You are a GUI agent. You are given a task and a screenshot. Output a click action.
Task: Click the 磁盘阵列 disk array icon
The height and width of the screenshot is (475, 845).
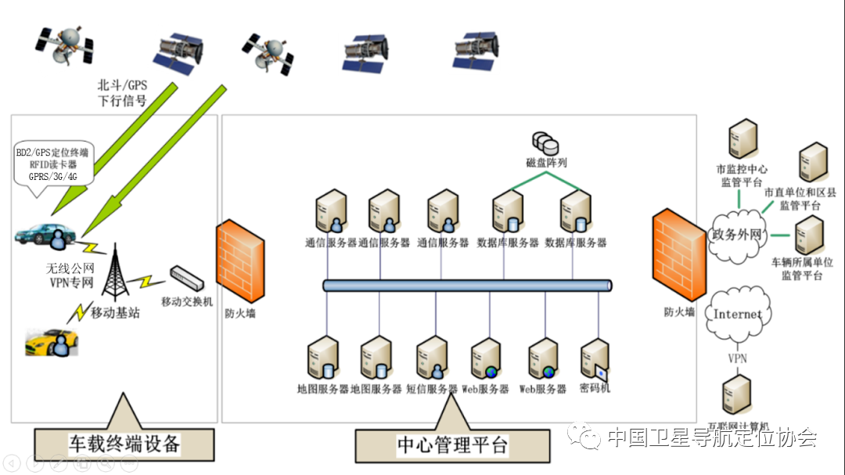pyautogui.click(x=546, y=142)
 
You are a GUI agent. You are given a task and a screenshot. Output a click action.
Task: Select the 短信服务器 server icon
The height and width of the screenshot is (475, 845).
pyautogui.click(x=432, y=358)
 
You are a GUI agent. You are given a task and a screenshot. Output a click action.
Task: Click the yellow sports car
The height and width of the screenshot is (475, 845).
pyautogui.click(x=52, y=341)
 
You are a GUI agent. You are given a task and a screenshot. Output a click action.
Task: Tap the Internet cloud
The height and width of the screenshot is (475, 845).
pyautogui.click(x=737, y=315)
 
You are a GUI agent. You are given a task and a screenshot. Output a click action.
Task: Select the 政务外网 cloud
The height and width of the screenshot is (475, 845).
pyautogui.click(x=735, y=234)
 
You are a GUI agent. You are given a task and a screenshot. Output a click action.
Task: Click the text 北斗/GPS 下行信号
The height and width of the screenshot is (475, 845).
pyautogui.click(x=121, y=92)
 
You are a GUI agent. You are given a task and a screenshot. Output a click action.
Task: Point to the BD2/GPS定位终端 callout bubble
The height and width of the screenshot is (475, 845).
pyautogui.click(x=52, y=164)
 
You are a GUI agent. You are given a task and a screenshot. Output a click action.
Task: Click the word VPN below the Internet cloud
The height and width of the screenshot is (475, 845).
pyautogui.click(x=738, y=358)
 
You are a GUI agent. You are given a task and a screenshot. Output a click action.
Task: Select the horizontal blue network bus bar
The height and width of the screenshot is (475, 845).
pyautogui.click(x=467, y=286)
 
